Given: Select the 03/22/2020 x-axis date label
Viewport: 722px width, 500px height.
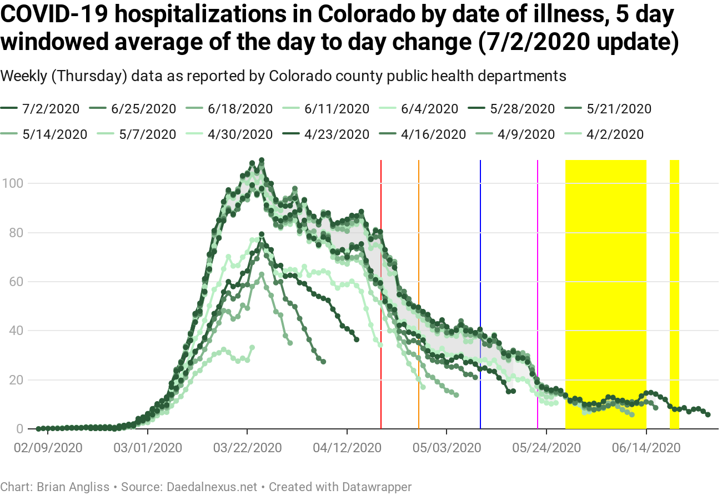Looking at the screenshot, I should (247, 447).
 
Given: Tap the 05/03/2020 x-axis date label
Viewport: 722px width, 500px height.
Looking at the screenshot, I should (447, 447).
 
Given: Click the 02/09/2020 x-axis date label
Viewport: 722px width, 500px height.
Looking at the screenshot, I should (48, 447).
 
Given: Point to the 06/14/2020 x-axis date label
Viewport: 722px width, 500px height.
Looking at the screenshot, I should (646, 447).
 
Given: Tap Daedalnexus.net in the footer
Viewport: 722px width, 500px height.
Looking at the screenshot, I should (212, 487).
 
